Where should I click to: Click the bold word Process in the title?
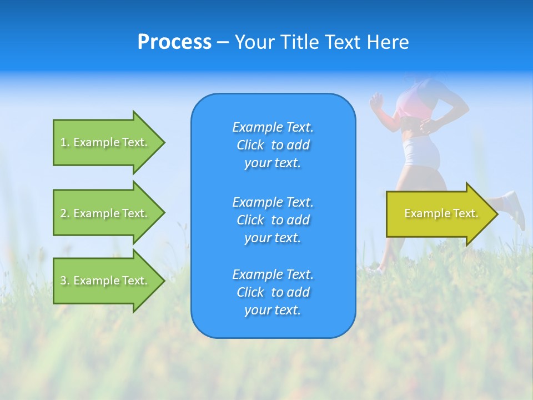[174, 42]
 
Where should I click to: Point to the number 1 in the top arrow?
[63, 142]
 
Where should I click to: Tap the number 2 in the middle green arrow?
[63, 213]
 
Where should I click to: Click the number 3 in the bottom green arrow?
[63, 281]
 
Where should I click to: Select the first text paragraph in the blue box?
[273, 145]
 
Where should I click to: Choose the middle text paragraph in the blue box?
[273, 220]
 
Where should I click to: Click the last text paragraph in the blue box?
[273, 292]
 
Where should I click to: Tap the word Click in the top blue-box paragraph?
[250, 145]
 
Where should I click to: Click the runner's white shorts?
[422, 151]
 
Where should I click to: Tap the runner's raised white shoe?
[515, 209]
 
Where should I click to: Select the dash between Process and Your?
[223, 43]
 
